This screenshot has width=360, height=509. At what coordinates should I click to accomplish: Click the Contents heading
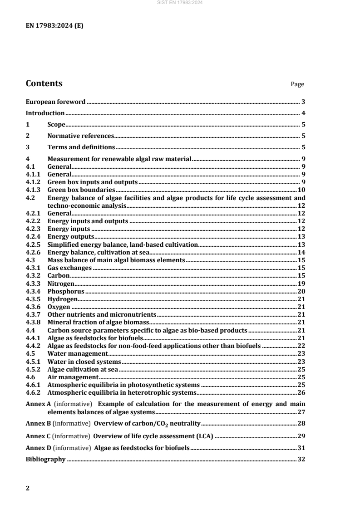(44, 83)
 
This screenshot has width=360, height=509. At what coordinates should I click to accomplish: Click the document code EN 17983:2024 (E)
(54, 26)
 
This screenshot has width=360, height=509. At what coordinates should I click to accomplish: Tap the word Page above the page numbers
(297, 84)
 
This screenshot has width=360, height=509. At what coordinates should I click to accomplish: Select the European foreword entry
(55, 102)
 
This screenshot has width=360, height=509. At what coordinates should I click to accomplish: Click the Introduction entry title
(45, 113)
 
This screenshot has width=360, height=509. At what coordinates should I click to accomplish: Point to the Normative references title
(80, 136)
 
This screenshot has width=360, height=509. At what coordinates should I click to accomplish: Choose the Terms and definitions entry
(81, 147)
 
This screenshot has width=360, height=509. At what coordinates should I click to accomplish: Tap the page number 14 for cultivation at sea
(301, 252)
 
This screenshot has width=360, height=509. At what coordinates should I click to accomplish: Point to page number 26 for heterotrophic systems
(301, 392)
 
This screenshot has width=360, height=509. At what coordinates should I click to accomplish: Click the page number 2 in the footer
(28, 488)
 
